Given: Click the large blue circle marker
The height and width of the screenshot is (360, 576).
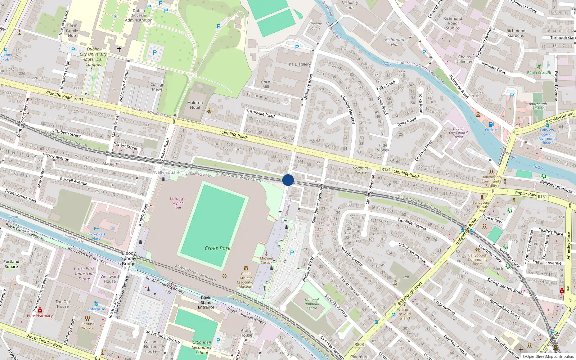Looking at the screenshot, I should coord(288,180).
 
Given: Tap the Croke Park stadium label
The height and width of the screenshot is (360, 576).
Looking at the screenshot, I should coord(217,248).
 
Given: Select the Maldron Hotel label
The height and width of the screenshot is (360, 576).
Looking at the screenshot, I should coord(195,105).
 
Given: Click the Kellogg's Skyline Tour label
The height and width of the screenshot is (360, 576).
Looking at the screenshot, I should coord(177,203).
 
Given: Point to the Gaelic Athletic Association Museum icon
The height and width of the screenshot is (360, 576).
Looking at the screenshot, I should coord(246,268).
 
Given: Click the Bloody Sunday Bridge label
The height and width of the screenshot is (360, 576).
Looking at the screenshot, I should coord(129,258).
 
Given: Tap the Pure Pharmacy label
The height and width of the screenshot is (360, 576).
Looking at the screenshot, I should coord(40,316).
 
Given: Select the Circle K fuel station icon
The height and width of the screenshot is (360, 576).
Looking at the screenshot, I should coord(491,125).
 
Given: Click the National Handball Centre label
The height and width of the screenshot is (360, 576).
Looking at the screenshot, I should coord(312,304).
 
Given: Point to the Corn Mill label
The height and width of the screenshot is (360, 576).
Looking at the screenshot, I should coord(266,84).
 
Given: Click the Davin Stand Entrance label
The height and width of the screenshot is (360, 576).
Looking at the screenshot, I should coord(206,302).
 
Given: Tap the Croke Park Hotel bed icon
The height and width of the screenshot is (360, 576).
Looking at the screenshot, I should coord(96,229).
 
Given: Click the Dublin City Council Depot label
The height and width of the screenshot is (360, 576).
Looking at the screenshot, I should coord(458,132).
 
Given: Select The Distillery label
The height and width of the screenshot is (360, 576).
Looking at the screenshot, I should coord(298,64).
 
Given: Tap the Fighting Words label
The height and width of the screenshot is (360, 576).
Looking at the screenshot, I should coord(87,326).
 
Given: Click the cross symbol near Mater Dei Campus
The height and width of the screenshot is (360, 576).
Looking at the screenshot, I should coord(119,49).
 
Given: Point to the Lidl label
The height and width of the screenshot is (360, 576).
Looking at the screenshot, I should coord(406,277).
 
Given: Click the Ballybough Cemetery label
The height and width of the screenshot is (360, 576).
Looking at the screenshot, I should coord(538,106).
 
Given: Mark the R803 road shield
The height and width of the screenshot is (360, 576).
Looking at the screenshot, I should coord(359,345).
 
